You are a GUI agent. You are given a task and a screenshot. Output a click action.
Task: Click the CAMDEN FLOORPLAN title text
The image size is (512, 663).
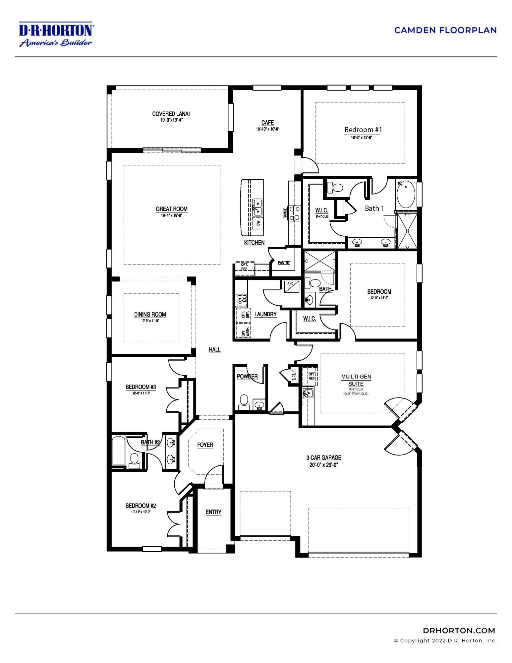tap(445, 30)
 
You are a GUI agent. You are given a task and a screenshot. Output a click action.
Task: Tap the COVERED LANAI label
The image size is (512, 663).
tap(171, 114)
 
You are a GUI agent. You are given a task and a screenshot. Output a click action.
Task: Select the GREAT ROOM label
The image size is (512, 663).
tap(172, 209)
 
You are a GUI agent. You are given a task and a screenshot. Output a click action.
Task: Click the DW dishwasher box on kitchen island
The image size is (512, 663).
tap(258, 223)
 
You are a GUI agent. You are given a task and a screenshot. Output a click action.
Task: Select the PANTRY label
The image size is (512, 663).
tap(284, 263)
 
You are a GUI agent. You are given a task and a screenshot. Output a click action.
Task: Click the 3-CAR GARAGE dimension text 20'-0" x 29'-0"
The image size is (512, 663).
tap(323, 465)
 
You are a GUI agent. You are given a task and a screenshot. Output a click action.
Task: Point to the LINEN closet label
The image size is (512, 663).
tap(294, 376)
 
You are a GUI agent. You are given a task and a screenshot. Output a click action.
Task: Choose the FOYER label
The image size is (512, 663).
tap(205, 445)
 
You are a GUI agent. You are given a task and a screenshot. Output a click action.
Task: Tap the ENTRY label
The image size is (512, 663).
tap(213, 512)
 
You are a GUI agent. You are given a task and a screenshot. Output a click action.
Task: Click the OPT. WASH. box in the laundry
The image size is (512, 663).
tap(244, 332)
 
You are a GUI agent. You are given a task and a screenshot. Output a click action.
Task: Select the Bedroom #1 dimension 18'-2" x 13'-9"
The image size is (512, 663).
tap(362, 137)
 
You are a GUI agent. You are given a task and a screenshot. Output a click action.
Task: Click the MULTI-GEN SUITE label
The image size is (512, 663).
tap(356, 380)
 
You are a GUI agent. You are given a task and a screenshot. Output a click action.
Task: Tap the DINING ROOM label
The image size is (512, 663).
tap(150, 315)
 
